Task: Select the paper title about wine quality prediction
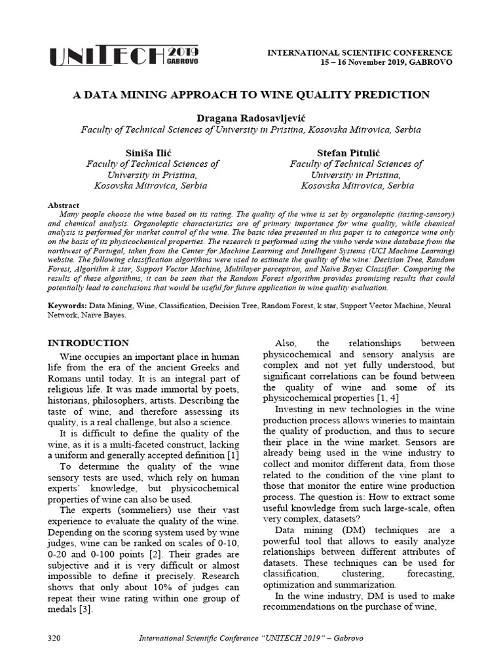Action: coord(251,95)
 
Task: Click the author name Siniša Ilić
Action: coord(153,152)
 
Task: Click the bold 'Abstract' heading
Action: coord(64,205)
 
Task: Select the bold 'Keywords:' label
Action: coord(69,306)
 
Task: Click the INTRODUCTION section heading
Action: coord(89,343)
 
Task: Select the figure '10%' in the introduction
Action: coord(145,586)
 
